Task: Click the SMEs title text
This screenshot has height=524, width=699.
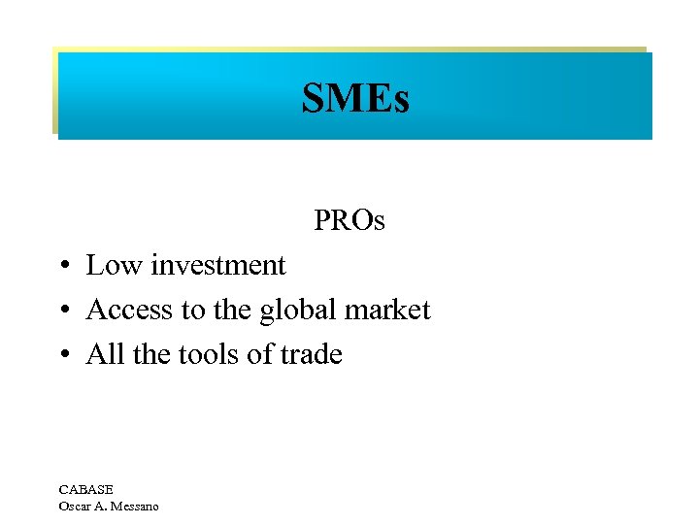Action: coord(355,98)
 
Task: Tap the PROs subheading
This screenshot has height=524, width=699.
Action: coord(349,221)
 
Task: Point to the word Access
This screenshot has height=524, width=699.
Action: coord(130,311)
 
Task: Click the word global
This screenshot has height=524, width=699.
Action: coord(300,311)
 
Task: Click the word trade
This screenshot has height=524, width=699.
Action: coord(311,355)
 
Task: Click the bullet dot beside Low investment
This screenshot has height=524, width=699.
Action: coord(61,267)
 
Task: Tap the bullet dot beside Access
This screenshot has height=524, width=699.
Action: coord(61,311)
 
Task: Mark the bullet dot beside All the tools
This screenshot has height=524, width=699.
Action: coord(61,356)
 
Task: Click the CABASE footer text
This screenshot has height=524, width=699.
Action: coord(85,490)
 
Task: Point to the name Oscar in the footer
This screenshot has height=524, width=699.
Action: coord(77,506)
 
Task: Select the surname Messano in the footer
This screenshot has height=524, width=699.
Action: coord(134,506)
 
